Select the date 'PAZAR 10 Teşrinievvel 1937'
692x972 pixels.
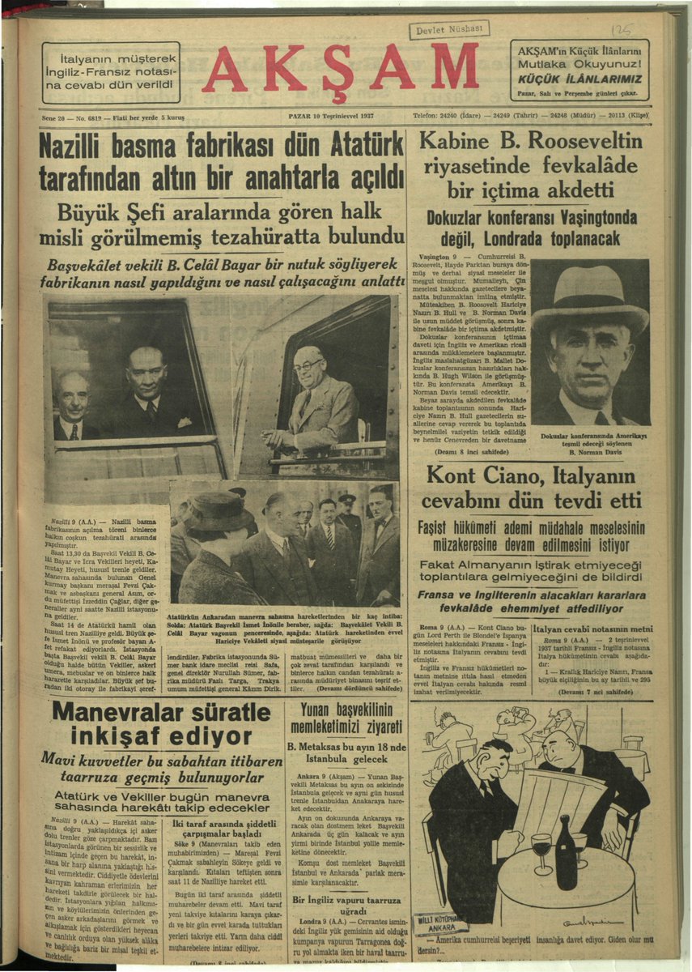coord(329,116)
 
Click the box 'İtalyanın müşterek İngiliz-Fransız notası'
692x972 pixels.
coord(111,72)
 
